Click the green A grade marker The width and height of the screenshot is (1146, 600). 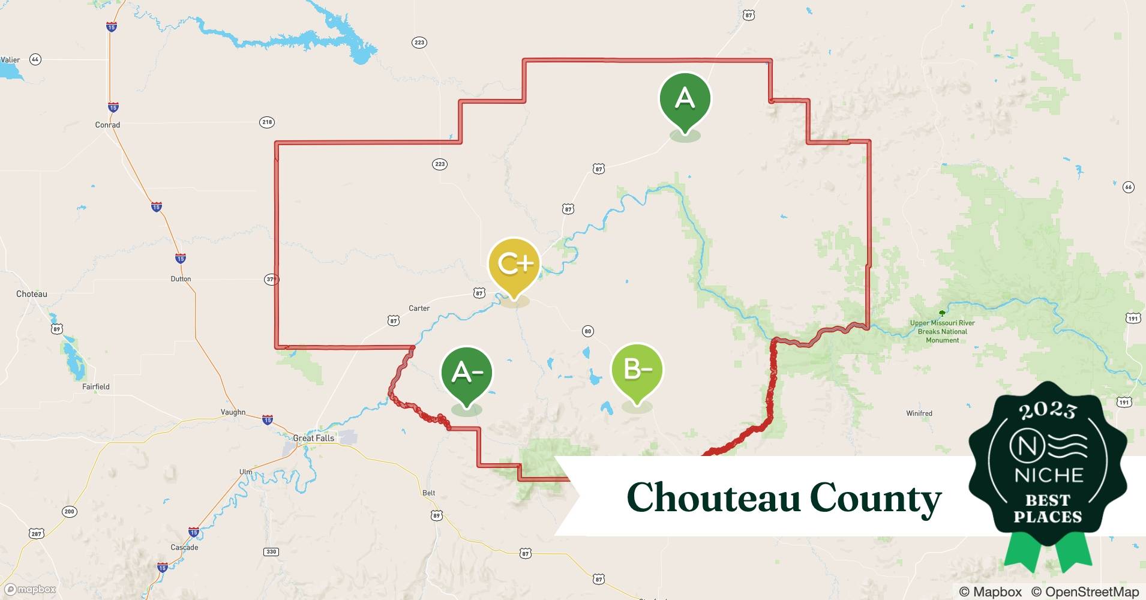point(685,99)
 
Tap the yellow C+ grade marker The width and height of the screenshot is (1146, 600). point(514,264)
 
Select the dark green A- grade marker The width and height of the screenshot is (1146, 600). point(466,373)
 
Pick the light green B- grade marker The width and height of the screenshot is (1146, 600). point(637,370)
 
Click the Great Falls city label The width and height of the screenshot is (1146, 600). point(313,438)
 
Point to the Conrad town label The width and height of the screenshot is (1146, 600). point(107,125)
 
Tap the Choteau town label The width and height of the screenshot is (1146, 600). point(31,294)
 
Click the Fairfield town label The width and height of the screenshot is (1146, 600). point(96,386)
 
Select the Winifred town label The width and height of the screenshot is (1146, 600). point(919,413)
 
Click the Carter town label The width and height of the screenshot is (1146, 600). point(419,308)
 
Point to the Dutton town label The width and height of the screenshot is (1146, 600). point(181,279)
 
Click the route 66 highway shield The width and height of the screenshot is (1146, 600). point(1128,187)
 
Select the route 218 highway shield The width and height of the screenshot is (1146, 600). point(267,122)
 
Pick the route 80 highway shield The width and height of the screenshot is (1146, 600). point(587,331)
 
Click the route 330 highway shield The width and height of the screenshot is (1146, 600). point(271,551)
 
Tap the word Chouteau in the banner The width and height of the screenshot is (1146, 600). point(713,498)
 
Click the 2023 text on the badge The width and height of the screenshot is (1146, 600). point(1048,410)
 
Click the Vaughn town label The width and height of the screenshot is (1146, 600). point(233,412)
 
